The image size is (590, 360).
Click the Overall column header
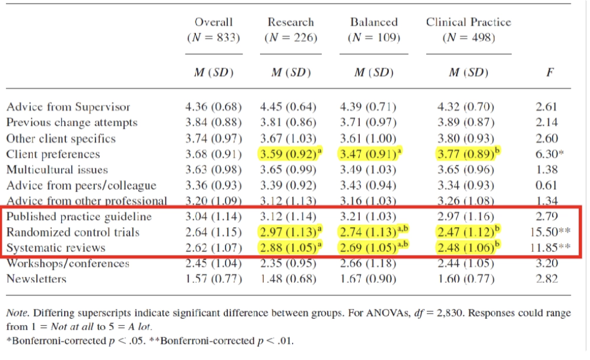click(213, 22)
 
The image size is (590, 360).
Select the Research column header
click(290, 22)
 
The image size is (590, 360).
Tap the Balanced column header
click(374, 22)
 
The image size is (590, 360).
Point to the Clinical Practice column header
click(468, 22)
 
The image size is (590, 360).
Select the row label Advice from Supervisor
click(68, 107)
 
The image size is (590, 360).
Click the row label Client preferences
click(53, 154)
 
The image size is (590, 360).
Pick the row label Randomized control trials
click(73, 232)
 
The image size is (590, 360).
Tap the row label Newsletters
click(36, 279)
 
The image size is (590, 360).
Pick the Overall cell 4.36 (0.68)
click(213, 107)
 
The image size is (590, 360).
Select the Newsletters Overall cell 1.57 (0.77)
click(213, 279)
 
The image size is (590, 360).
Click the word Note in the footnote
click(17, 313)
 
